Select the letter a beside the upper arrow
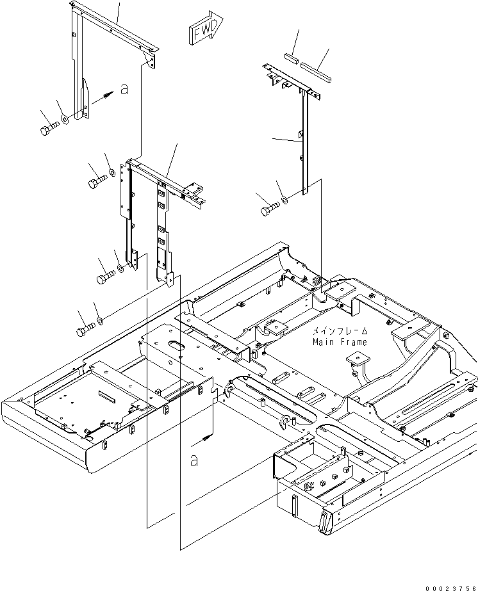tap(124, 90)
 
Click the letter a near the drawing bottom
tap(194, 460)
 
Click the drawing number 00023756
tap(451, 588)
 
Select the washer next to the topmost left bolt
tap(65, 120)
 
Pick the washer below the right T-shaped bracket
tap(285, 200)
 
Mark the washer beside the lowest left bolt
tap(101, 321)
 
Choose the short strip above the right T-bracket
tap(292, 58)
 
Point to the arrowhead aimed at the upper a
tap(109, 93)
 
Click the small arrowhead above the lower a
tap(206, 437)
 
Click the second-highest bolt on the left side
tap(97, 181)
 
